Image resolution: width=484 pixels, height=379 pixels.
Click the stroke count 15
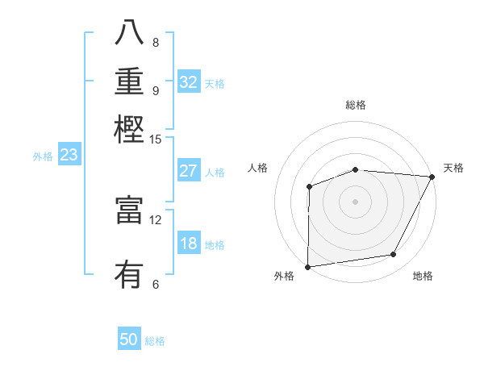pos(156,139)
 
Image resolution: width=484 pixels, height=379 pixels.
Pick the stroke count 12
pos(156,219)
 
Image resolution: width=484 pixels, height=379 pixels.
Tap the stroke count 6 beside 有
pos(155,284)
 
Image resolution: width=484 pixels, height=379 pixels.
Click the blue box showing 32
pos(189,82)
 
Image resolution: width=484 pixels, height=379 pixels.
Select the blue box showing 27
pos(189,171)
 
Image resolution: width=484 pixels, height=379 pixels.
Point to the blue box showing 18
pos(189,244)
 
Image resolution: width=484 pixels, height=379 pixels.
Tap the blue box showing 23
pos(69,156)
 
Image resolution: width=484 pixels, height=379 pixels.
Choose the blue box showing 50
pos(129,339)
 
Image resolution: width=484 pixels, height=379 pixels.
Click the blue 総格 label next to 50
pos(155,341)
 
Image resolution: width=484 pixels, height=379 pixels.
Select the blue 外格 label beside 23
pos(43,157)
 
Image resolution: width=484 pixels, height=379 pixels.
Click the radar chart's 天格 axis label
pos(453,168)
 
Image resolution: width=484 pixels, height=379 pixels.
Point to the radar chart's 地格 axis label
pos(423,277)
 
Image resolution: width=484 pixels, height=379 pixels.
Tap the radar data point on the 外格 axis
pos(307,266)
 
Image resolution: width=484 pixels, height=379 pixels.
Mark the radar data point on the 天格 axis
pos(433,177)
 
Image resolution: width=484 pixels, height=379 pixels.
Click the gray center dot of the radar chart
pos(355,201)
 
